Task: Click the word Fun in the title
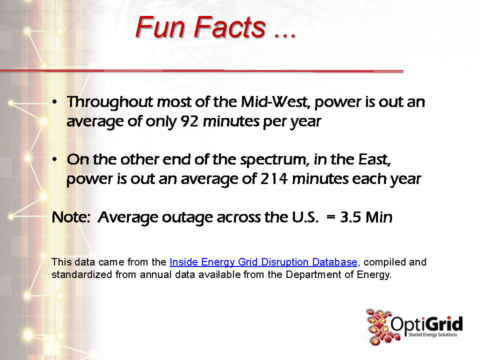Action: coord(160,27)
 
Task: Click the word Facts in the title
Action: coord(229,27)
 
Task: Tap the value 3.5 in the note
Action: coord(350,217)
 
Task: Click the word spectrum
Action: coord(274,160)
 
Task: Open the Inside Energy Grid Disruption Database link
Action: coord(263,262)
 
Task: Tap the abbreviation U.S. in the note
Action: coord(305,217)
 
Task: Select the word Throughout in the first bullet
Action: coord(110,102)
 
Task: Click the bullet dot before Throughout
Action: coord(54,102)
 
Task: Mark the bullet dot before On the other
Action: coord(54,159)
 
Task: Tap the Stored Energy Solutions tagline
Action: coord(432,334)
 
